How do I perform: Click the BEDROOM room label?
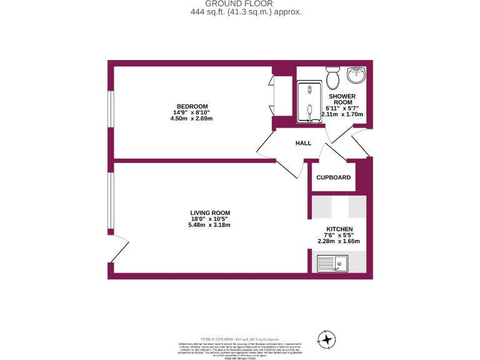coord(191,106)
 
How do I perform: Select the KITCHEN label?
coord(339,229)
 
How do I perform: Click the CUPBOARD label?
coord(333,177)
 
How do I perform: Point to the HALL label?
coord(303,143)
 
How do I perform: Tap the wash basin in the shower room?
coord(357,76)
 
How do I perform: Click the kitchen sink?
coord(332,264)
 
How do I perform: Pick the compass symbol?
coord(326,339)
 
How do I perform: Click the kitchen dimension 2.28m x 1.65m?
coord(339,241)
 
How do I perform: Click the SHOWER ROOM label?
coord(343,99)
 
